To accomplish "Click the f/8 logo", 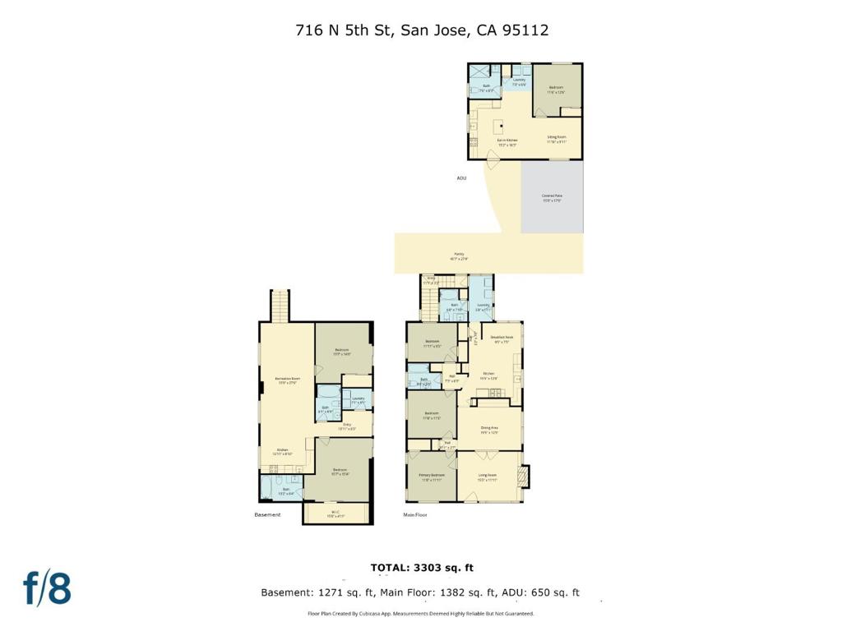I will pos(47,588).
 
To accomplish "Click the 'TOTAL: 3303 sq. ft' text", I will pos(422,568).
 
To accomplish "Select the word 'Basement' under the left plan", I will pos(267,515).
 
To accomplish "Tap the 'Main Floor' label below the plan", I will pos(414,515).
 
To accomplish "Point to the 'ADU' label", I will pos(461,177).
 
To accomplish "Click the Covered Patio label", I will pos(552,197).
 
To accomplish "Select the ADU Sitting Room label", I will pos(557,139).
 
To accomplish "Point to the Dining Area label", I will pos(490,430).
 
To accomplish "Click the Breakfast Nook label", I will pos(502,338).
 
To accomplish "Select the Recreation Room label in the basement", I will pos(287,380).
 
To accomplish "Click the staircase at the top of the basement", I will pos(281,306).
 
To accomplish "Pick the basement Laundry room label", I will pos(358,400).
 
